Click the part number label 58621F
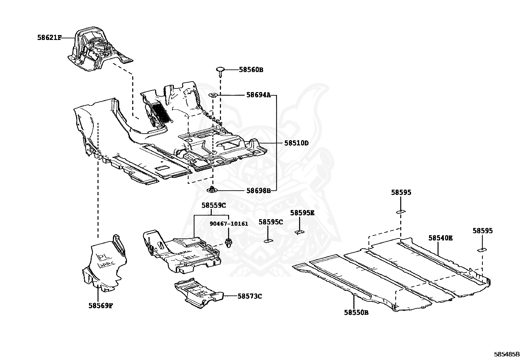[x=49, y=38]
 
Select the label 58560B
[x=251, y=70]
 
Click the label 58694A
[x=259, y=95]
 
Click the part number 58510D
[x=296, y=143]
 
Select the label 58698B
[x=259, y=190]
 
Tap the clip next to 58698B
[x=213, y=189]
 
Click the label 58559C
[x=214, y=205]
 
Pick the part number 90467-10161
[x=229, y=224]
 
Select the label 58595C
[x=271, y=222]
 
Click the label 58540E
[x=440, y=238]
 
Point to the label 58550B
[x=356, y=313]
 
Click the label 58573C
[x=250, y=296]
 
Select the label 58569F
[x=101, y=306]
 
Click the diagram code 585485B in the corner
[x=507, y=354]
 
